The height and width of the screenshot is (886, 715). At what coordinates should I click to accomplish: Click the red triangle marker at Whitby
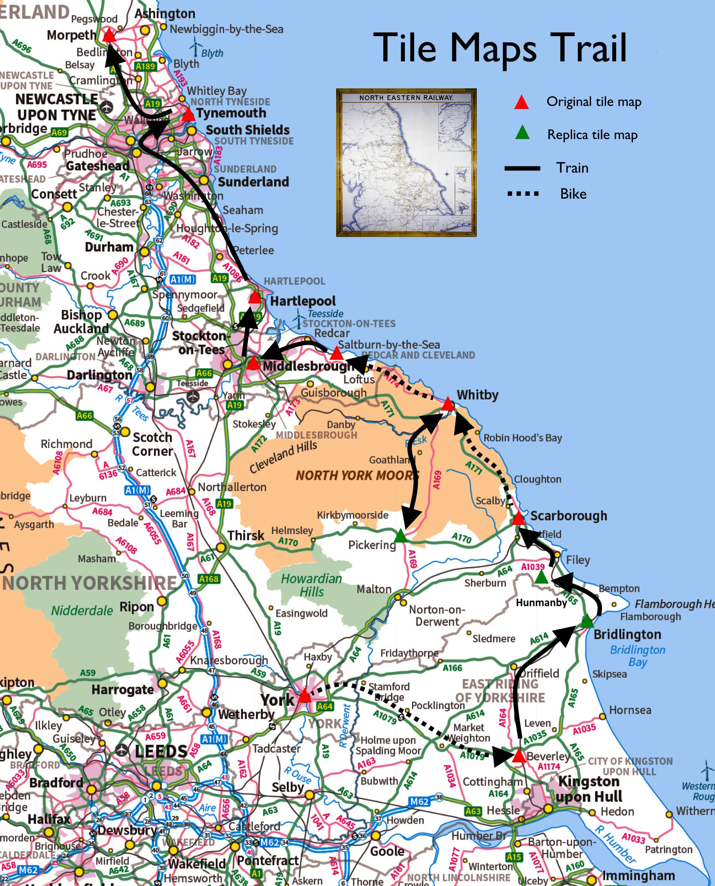pyautogui.click(x=448, y=404)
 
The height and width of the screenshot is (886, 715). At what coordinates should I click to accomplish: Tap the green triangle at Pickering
pyautogui.click(x=400, y=536)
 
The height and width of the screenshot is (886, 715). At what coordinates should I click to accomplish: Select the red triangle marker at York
pyautogui.click(x=304, y=697)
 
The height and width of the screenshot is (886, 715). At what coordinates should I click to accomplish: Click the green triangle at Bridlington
pyautogui.click(x=587, y=622)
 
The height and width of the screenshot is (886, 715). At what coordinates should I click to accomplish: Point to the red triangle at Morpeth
pyautogui.click(x=109, y=35)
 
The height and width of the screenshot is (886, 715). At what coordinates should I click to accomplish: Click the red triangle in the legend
pyautogui.click(x=521, y=102)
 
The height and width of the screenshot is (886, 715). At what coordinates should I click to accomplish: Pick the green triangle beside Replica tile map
pyautogui.click(x=522, y=132)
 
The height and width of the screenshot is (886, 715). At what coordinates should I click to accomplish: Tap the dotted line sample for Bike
pyautogui.click(x=523, y=194)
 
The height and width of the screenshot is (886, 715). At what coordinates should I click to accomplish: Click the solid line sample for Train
pyautogui.click(x=522, y=168)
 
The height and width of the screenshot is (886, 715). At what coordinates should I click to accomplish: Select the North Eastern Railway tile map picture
pyautogui.click(x=406, y=162)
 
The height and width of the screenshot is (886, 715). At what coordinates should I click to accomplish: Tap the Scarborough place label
pyautogui.click(x=569, y=516)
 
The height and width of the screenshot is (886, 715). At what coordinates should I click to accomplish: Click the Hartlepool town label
pyautogui.click(x=303, y=301)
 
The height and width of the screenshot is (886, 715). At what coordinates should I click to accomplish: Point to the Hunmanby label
pyautogui.click(x=541, y=603)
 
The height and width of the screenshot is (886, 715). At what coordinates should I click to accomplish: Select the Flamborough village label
pyautogui.click(x=650, y=617)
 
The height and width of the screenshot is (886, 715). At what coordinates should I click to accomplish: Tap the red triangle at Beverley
pyautogui.click(x=519, y=756)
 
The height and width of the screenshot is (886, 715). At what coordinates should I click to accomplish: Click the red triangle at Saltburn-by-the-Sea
pyautogui.click(x=337, y=354)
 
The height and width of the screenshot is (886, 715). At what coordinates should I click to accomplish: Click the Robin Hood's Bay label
pyautogui.click(x=523, y=438)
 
